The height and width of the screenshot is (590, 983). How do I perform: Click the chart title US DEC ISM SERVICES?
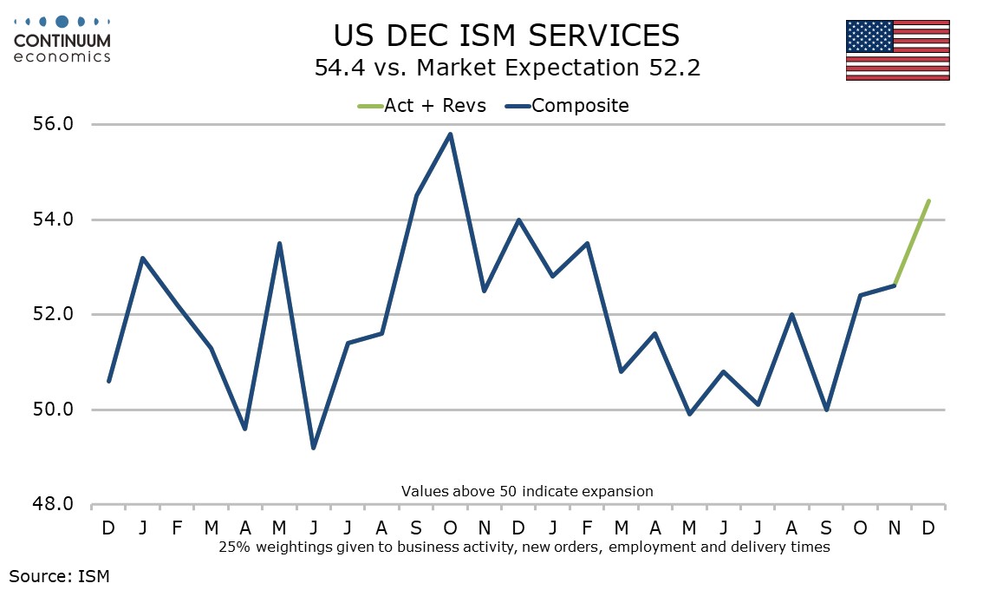[507, 35]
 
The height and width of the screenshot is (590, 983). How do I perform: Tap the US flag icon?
[897, 49]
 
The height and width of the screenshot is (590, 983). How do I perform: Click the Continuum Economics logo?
[62, 39]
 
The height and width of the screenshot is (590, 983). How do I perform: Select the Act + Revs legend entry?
[422, 106]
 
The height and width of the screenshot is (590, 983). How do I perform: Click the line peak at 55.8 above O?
[450, 134]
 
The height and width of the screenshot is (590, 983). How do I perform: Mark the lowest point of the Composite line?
[313, 448]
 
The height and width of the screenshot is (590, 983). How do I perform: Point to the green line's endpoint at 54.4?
[928, 200]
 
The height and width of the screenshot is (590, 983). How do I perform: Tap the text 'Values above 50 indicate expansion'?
[527, 491]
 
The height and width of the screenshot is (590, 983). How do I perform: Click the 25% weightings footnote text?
[524, 547]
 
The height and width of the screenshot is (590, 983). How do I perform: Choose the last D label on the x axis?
[928, 528]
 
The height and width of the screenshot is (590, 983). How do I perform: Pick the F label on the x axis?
[177, 528]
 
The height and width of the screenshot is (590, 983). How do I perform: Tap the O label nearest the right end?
[860, 528]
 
